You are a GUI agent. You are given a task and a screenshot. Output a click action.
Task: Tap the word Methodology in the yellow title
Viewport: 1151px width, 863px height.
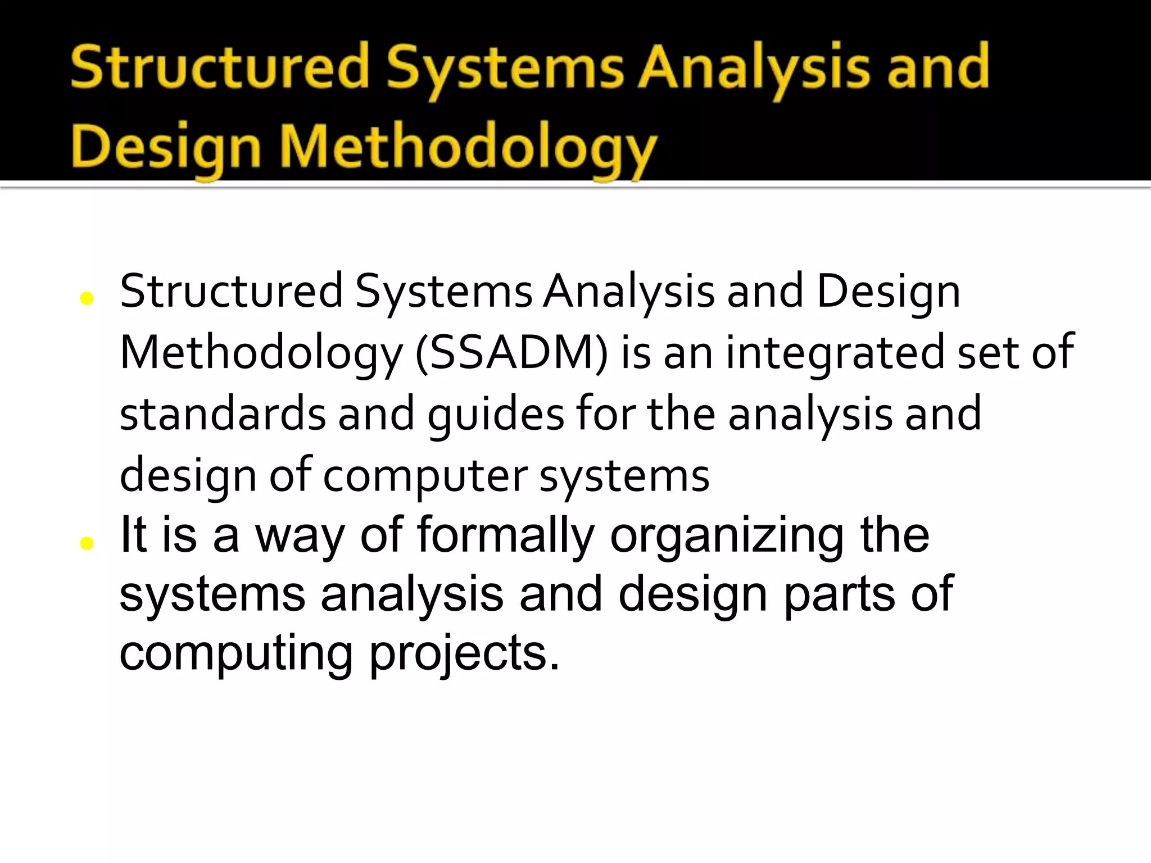(468, 147)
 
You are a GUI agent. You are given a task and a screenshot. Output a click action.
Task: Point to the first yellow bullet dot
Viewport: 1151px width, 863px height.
(87, 298)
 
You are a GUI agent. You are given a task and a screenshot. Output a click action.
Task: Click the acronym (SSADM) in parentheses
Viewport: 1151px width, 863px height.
(511, 353)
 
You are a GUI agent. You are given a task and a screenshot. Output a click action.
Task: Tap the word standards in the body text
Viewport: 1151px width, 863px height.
(223, 414)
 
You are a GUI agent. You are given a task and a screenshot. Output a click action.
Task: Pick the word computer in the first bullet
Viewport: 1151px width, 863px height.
(425, 476)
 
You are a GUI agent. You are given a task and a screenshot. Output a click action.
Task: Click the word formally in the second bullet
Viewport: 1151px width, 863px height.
(505, 535)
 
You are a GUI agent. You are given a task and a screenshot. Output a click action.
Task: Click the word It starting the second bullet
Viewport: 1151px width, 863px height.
(133, 535)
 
